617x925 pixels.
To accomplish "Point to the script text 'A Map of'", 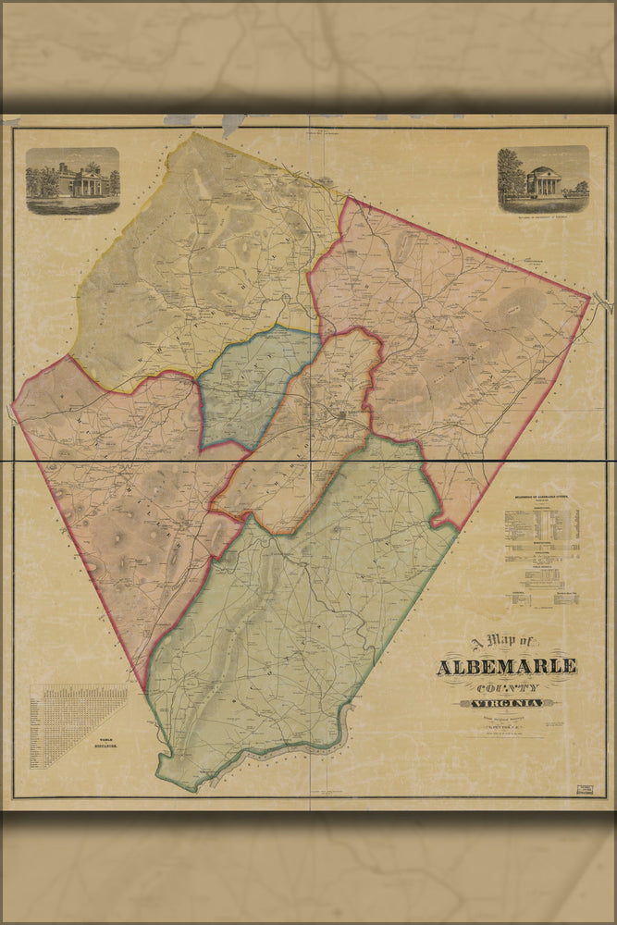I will pos(504,643).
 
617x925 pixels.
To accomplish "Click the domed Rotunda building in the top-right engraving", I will pos(547,180).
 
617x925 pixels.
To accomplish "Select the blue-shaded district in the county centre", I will pos(254,384).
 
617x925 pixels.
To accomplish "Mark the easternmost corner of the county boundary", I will pos(589,297).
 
